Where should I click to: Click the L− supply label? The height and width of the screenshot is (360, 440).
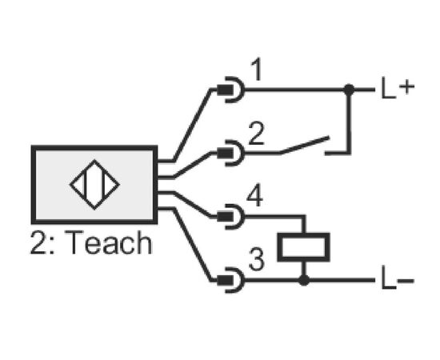[x=398, y=280]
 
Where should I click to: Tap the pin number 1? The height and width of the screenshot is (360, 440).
[x=258, y=70]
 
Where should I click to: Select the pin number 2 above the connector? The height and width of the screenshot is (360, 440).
[x=257, y=134]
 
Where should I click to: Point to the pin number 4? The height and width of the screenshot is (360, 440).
[x=254, y=197]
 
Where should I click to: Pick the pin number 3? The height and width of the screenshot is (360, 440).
[x=257, y=259]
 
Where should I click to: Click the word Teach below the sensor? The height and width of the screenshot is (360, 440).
[x=108, y=242]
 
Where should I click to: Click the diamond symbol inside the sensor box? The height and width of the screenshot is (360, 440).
[x=94, y=185]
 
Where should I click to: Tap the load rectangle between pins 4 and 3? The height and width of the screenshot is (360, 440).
[x=303, y=247]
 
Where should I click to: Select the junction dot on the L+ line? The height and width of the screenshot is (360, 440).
[x=349, y=90]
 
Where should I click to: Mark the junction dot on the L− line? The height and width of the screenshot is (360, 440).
[x=304, y=280]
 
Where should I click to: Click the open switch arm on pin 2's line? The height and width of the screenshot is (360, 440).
[x=305, y=145]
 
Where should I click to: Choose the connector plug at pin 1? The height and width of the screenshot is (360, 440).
[x=230, y=90]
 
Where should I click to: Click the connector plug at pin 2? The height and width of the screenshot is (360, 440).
[x=230, y=153]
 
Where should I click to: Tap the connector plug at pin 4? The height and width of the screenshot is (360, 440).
[x=230, y=216]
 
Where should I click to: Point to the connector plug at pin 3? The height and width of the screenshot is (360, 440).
[x=230, y=280]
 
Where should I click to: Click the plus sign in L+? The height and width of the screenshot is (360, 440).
[x=406, y=86]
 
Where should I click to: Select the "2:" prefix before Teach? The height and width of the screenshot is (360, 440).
[x=42, y=242]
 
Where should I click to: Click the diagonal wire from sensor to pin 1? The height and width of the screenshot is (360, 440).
[x=192, y=125]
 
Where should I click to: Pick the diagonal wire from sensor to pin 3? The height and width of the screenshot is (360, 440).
[x=192, y=244]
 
